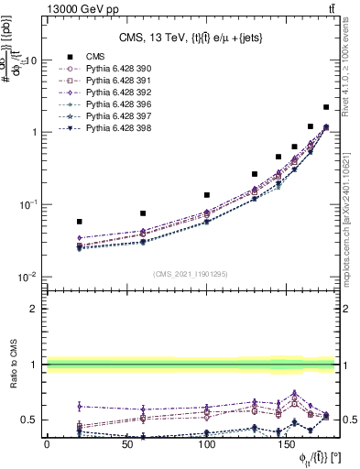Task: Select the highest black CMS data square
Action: pos(326,107)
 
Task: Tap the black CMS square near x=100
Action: pos(207,195)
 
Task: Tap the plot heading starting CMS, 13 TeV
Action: pos(192,38)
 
